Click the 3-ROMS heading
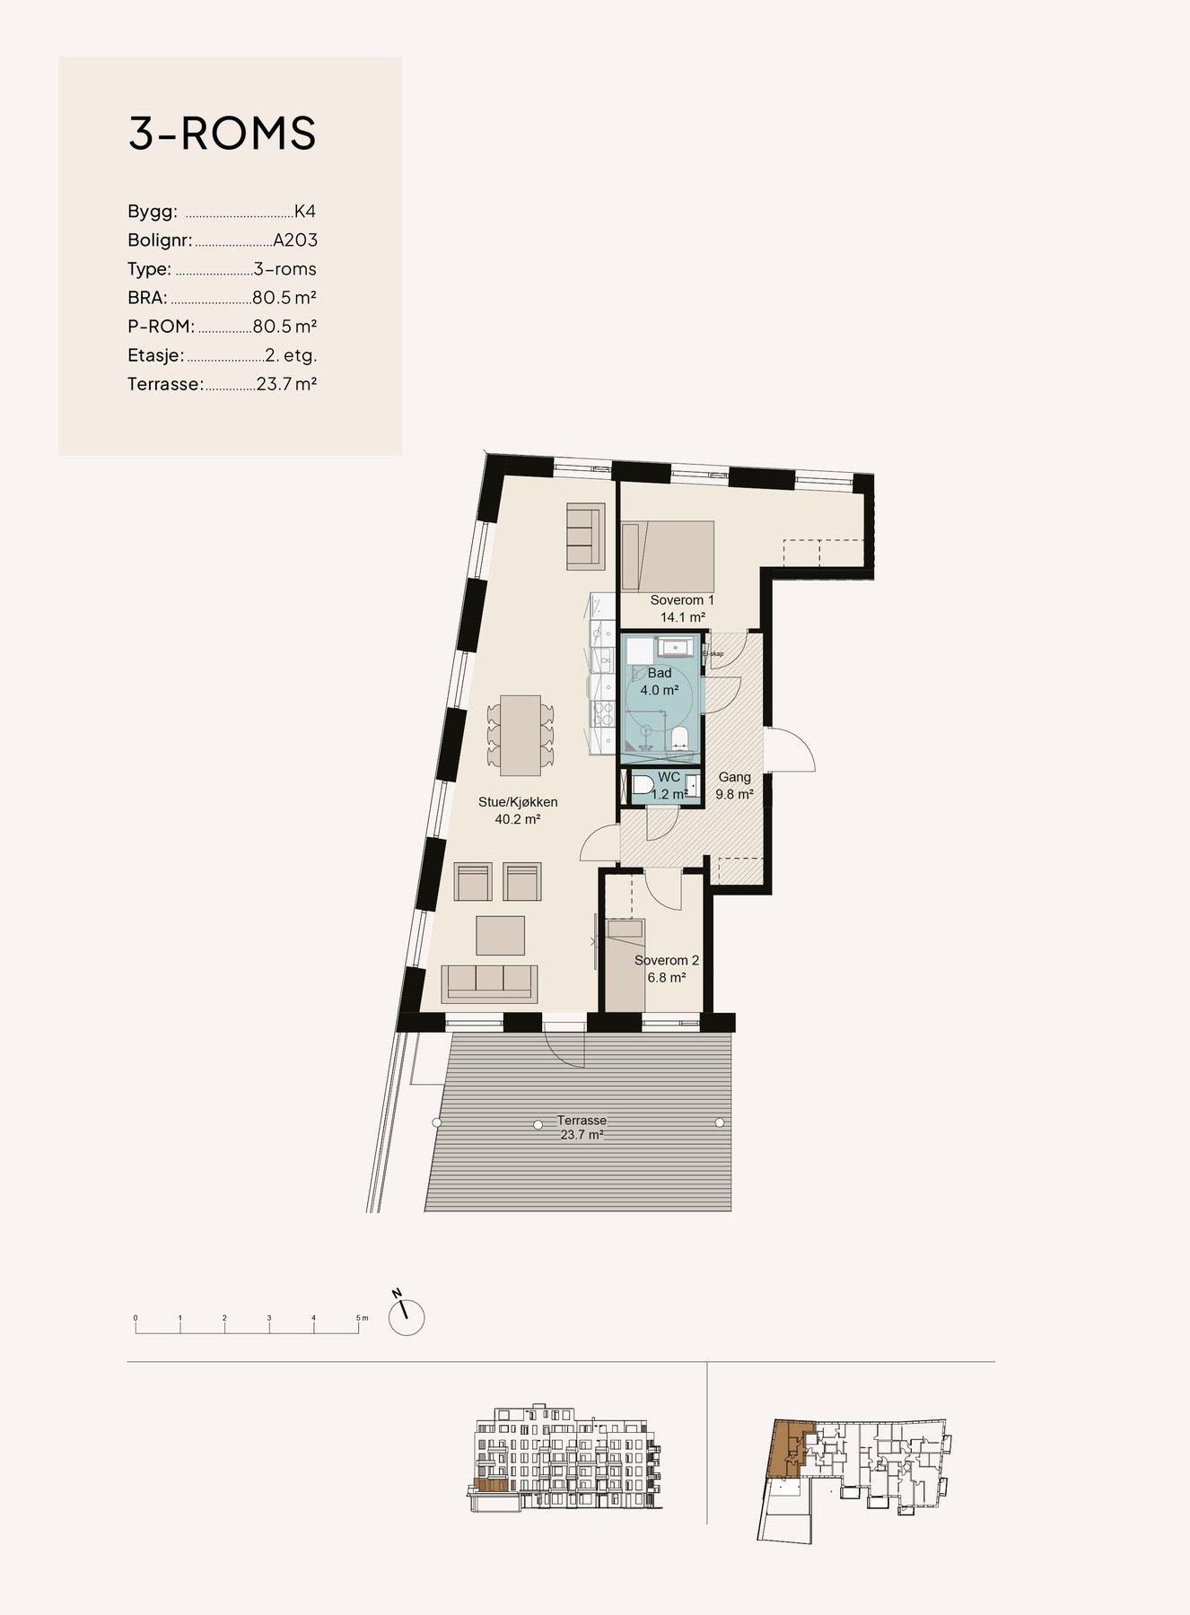[x=222, y=134]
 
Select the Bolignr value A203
[x=295, y=240]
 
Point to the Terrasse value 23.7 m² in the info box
[x=286, y=384]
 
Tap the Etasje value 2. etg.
[x=291, y=355]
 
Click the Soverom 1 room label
[x=682, y=600]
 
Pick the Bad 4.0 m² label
[x=660, y=682]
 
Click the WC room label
[x=669, y=778]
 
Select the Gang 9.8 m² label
[x=734, y=785]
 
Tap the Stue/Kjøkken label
[x=518, y=810]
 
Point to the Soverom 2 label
[x=666, y=968]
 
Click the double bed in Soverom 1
[x=669, y=555]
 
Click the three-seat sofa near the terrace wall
[x=490, y=983]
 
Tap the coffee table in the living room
[x=500, y=935]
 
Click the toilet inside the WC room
[x=643, y=787]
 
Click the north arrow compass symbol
[x=406, y=1316]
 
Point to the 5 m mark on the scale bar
[x=361, y=1318]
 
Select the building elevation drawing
[x=566, y=1460]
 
